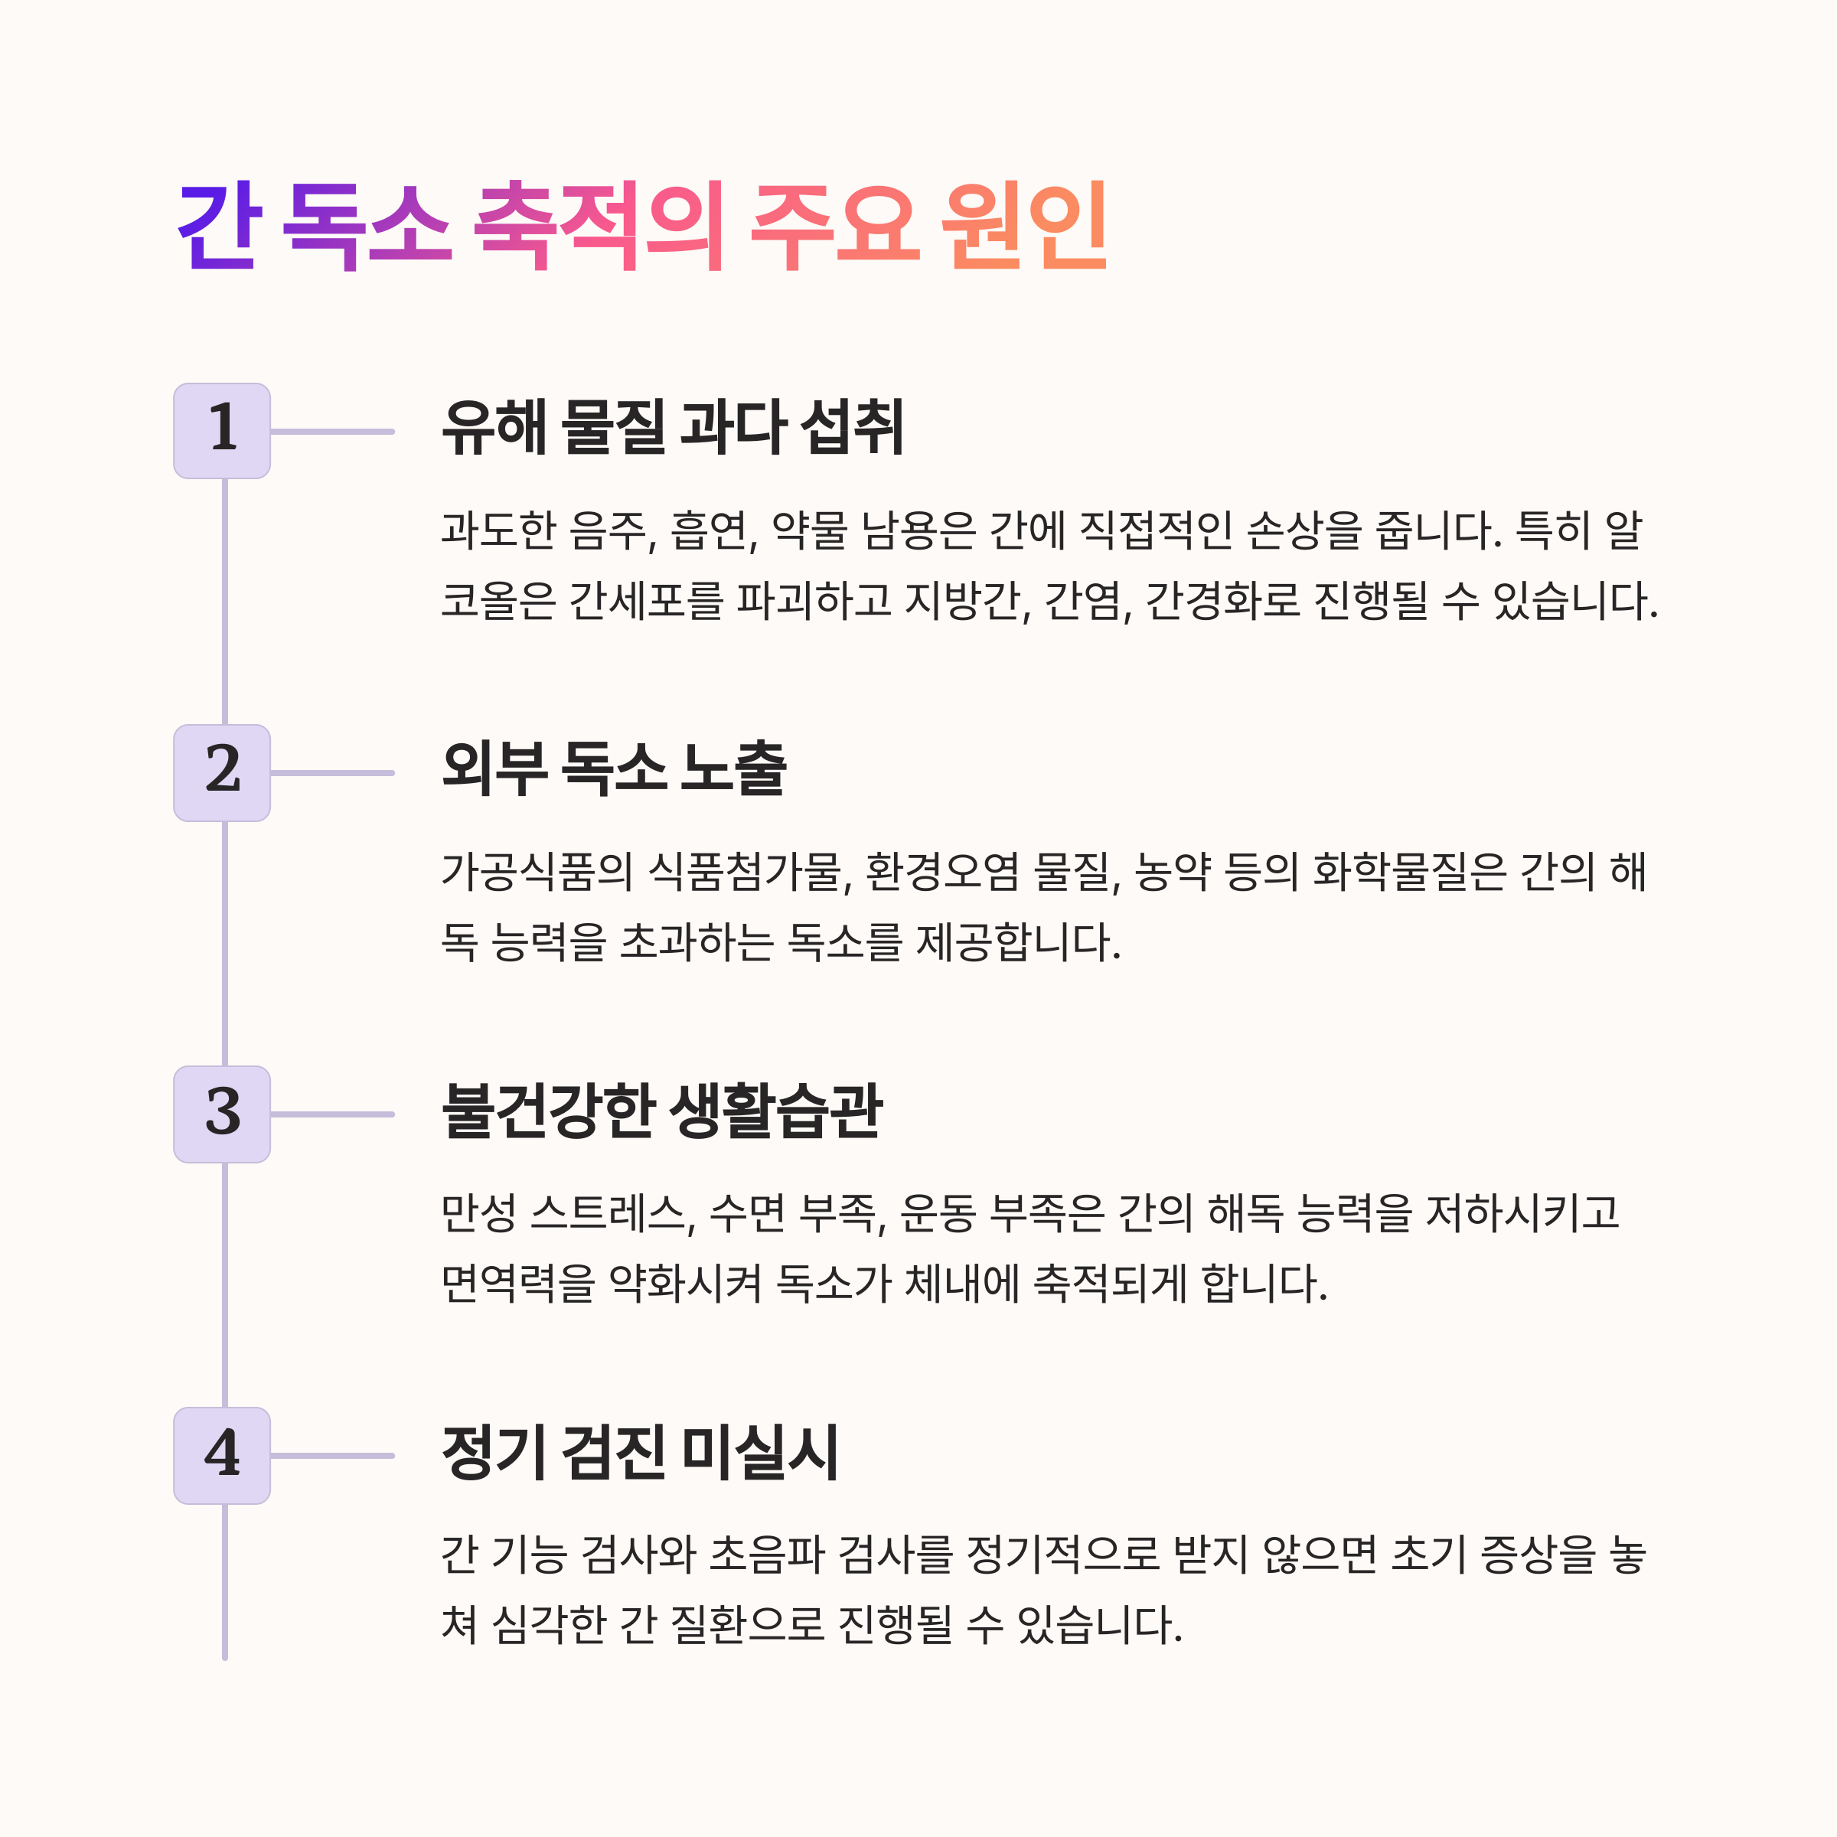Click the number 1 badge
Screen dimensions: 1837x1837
tap(221, 431)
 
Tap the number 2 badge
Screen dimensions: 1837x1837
tap(221, 772)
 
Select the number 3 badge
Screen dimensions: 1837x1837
tap(221, 1114)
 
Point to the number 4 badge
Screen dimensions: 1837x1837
tap(221, 1455)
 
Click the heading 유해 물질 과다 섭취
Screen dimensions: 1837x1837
tap(672, 428)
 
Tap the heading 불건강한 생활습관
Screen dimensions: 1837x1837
tap(662, 1110)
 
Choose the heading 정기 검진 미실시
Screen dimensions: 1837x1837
tap(640, 1452)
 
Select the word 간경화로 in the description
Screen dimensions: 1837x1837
tap(1222, 601)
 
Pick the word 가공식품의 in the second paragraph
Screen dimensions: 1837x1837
tap(537, 872)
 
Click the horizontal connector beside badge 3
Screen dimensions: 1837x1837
tap(332, 1114)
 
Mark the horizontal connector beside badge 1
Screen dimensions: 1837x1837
tap(332, 432)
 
